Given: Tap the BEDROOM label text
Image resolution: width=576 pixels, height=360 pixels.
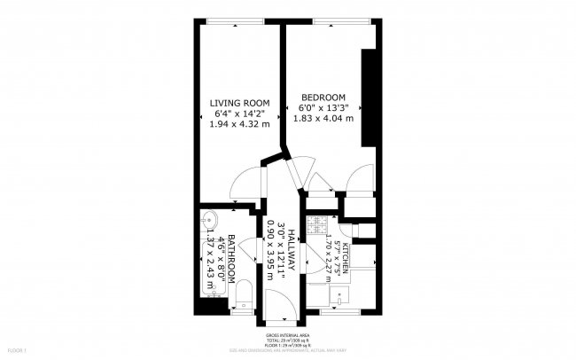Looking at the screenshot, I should pos(323,97).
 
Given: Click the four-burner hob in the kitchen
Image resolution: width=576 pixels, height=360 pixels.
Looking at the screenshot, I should pos(319,227).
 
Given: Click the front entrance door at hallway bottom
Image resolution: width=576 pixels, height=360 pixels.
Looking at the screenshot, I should pos(278,305).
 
